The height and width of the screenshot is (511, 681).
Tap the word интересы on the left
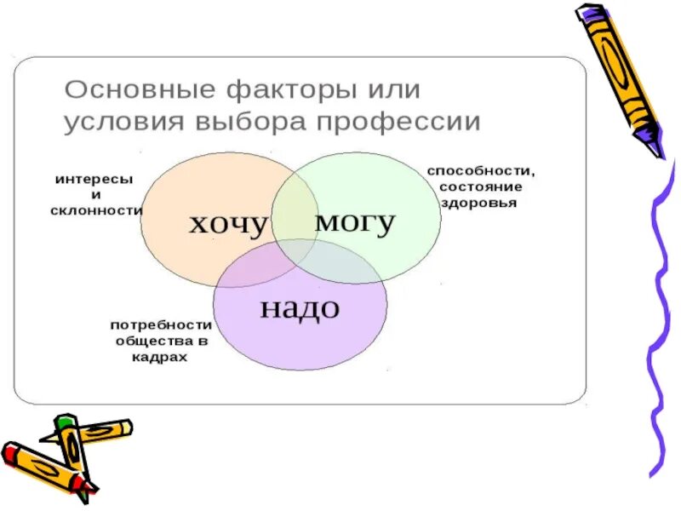click(94, 180)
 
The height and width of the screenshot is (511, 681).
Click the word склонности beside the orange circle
click(96, 210)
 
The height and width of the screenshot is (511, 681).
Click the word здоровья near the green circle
click(478, 204)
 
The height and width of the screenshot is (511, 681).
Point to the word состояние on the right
click(480, 187)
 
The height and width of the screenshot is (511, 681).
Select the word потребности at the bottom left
click(160, 324)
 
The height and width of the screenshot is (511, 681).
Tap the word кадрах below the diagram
click(160, 357)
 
